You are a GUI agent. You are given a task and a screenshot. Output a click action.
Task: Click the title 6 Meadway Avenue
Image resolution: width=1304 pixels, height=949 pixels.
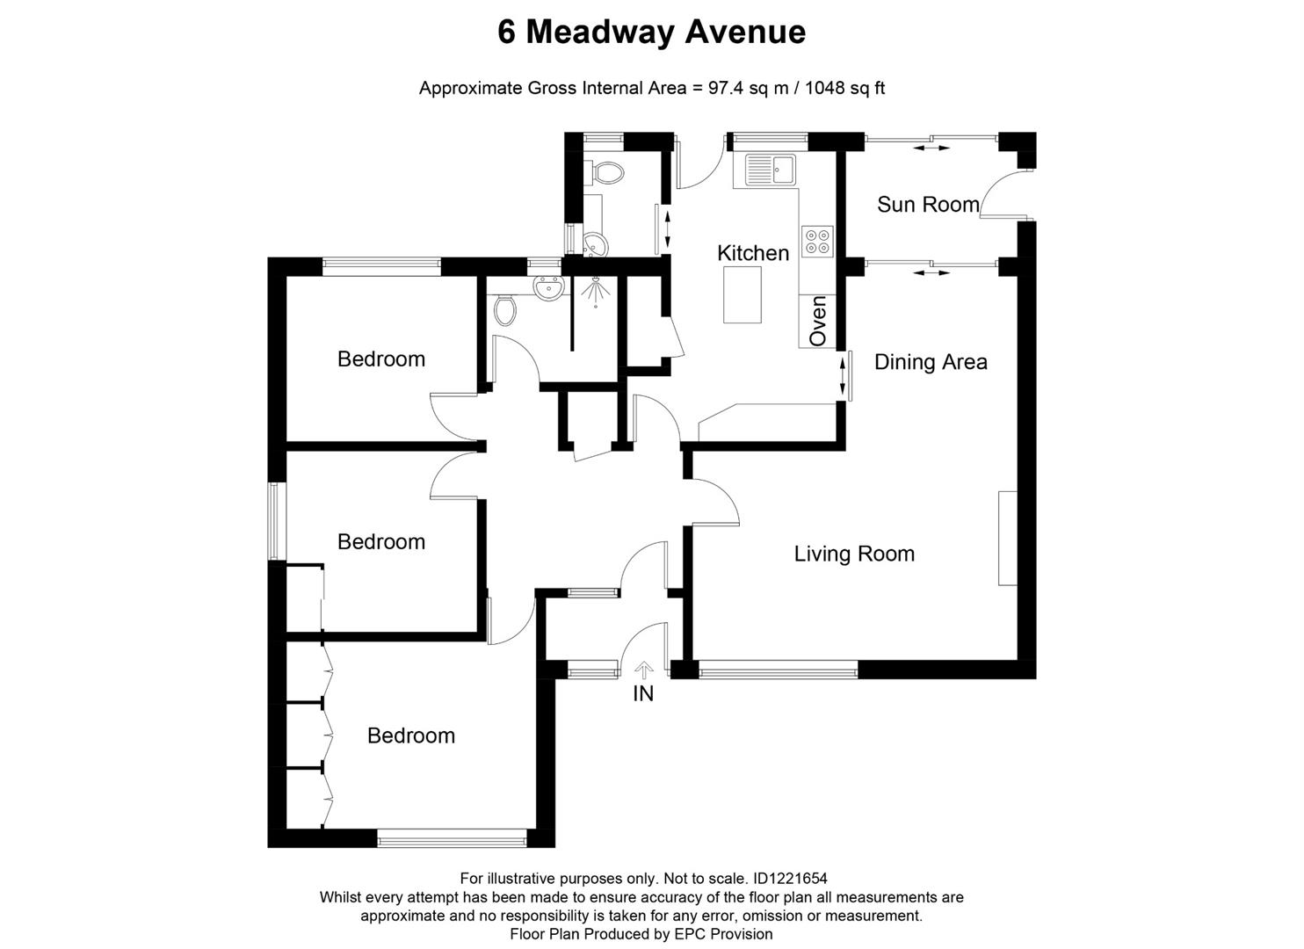point(651,33)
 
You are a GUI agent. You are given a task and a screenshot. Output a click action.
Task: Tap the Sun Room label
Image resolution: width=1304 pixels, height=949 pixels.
point(927,205)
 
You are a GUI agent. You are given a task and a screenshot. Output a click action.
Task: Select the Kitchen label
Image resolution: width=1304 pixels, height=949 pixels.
point(753,253)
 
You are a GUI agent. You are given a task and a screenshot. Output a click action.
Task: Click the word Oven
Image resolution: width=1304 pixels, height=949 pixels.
point(818,321)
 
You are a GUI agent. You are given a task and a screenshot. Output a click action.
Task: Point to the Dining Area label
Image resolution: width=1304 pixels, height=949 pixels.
point(931,362)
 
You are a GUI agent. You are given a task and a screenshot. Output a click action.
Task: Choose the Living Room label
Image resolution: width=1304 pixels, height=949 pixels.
point(854,554)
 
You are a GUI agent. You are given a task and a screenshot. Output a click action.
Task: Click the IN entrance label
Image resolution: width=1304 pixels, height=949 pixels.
point(643,694)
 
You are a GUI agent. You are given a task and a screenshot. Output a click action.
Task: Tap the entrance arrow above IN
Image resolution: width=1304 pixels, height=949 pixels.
point(643,671)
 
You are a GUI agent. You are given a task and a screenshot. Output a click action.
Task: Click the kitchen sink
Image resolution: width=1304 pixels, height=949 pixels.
point(770,170)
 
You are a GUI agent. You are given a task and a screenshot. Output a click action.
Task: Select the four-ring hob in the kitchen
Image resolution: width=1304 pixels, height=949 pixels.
point(817,241)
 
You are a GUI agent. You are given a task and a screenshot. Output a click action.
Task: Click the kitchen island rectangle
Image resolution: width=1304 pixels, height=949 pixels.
point(742,295)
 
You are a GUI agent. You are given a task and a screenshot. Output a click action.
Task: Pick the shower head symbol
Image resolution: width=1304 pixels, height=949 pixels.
point(596,291)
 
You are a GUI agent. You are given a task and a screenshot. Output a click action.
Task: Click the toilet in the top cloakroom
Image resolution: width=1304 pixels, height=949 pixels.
point(605,172)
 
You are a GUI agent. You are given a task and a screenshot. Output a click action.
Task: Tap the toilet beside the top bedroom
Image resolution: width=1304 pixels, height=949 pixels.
point(505,308)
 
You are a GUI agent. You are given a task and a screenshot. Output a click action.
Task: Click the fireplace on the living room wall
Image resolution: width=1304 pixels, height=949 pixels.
point(1007,538)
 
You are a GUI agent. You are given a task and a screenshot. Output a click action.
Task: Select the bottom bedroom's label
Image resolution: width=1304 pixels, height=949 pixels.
point(411,735)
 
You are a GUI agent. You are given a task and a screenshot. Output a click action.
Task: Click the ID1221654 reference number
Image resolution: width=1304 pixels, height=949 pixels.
point(789,878)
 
